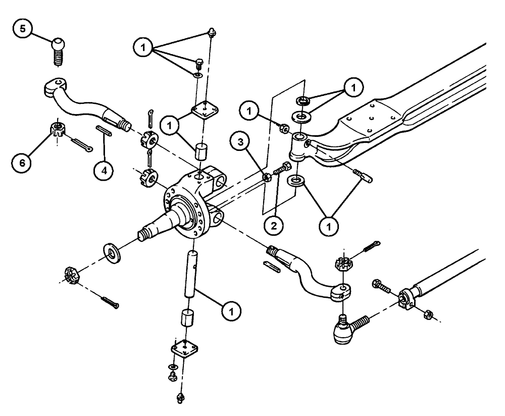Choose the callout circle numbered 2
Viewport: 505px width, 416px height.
point(273,226)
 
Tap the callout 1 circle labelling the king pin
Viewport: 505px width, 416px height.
point(232,311)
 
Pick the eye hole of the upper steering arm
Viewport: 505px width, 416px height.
point(60,81)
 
